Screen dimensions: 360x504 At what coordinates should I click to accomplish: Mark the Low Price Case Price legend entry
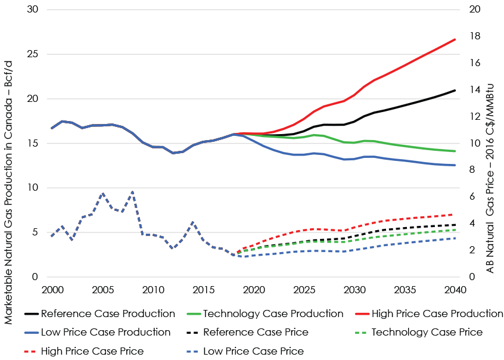point(253,351)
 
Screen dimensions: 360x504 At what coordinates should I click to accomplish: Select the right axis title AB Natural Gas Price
point(491,143)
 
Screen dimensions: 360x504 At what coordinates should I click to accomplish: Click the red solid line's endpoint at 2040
point(455,39)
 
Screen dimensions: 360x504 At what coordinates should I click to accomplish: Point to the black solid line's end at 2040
point(455,91)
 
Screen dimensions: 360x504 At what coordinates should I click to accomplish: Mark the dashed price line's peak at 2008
point(132,192)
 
